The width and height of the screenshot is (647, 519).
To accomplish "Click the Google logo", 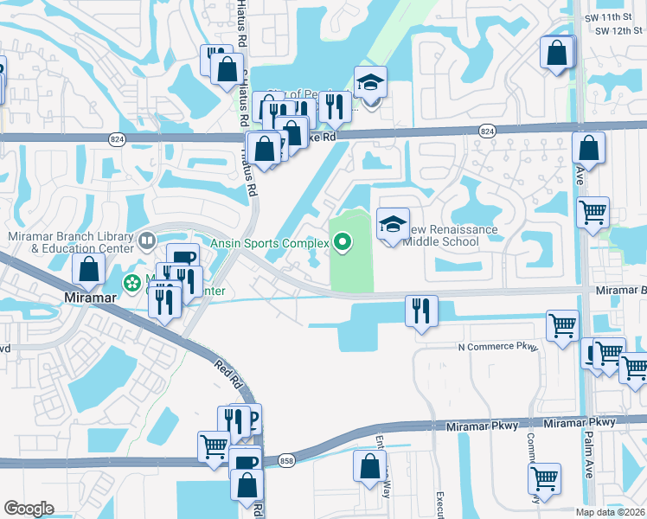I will point(29,509).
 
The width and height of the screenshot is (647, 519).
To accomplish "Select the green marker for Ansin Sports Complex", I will point(343,244).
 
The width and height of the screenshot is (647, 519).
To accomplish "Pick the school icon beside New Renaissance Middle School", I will point(393,224).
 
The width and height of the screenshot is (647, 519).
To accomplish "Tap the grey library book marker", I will point(148,240).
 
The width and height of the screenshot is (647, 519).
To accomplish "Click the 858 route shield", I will point(286,462).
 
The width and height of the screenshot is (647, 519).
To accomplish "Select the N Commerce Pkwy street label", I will point(497,348).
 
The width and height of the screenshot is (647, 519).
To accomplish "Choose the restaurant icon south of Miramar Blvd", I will point(421,311).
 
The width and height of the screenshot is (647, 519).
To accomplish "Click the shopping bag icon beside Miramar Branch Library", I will point(88,270).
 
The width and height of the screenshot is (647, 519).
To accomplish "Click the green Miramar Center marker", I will point(131,282).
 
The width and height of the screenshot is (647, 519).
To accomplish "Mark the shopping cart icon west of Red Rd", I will point(214,447).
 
